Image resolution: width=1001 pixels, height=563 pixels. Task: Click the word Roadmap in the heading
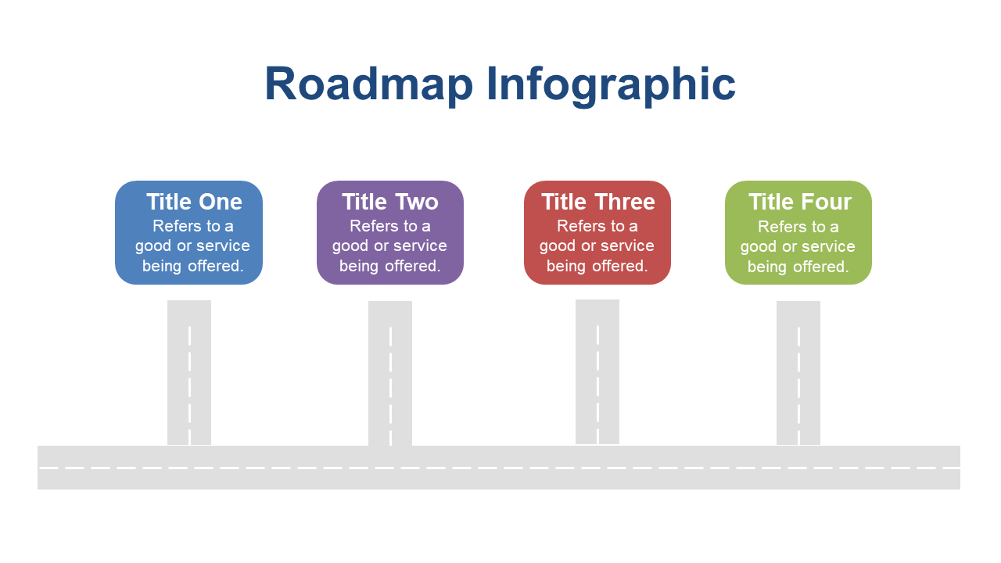[368, 84]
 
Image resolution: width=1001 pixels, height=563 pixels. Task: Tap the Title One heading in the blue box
[194, 202]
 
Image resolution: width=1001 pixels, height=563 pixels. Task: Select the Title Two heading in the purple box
[390, 202]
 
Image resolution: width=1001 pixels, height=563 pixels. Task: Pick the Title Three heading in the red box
[598, 202]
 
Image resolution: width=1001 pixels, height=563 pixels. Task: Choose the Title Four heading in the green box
[800, 202]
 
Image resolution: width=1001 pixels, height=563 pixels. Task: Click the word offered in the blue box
[215, 266]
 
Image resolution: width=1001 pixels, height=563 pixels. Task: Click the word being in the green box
[768, 267]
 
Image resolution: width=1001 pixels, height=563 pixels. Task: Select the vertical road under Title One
[189, 373]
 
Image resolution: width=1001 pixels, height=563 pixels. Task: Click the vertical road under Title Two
[390, 374]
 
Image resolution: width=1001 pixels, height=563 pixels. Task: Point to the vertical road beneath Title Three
[597, 371]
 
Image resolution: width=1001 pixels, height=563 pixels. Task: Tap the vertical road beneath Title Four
[798, 373]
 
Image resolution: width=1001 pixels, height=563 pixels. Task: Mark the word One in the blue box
[221, 202]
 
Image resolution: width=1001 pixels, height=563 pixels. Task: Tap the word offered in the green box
[821, 267]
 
